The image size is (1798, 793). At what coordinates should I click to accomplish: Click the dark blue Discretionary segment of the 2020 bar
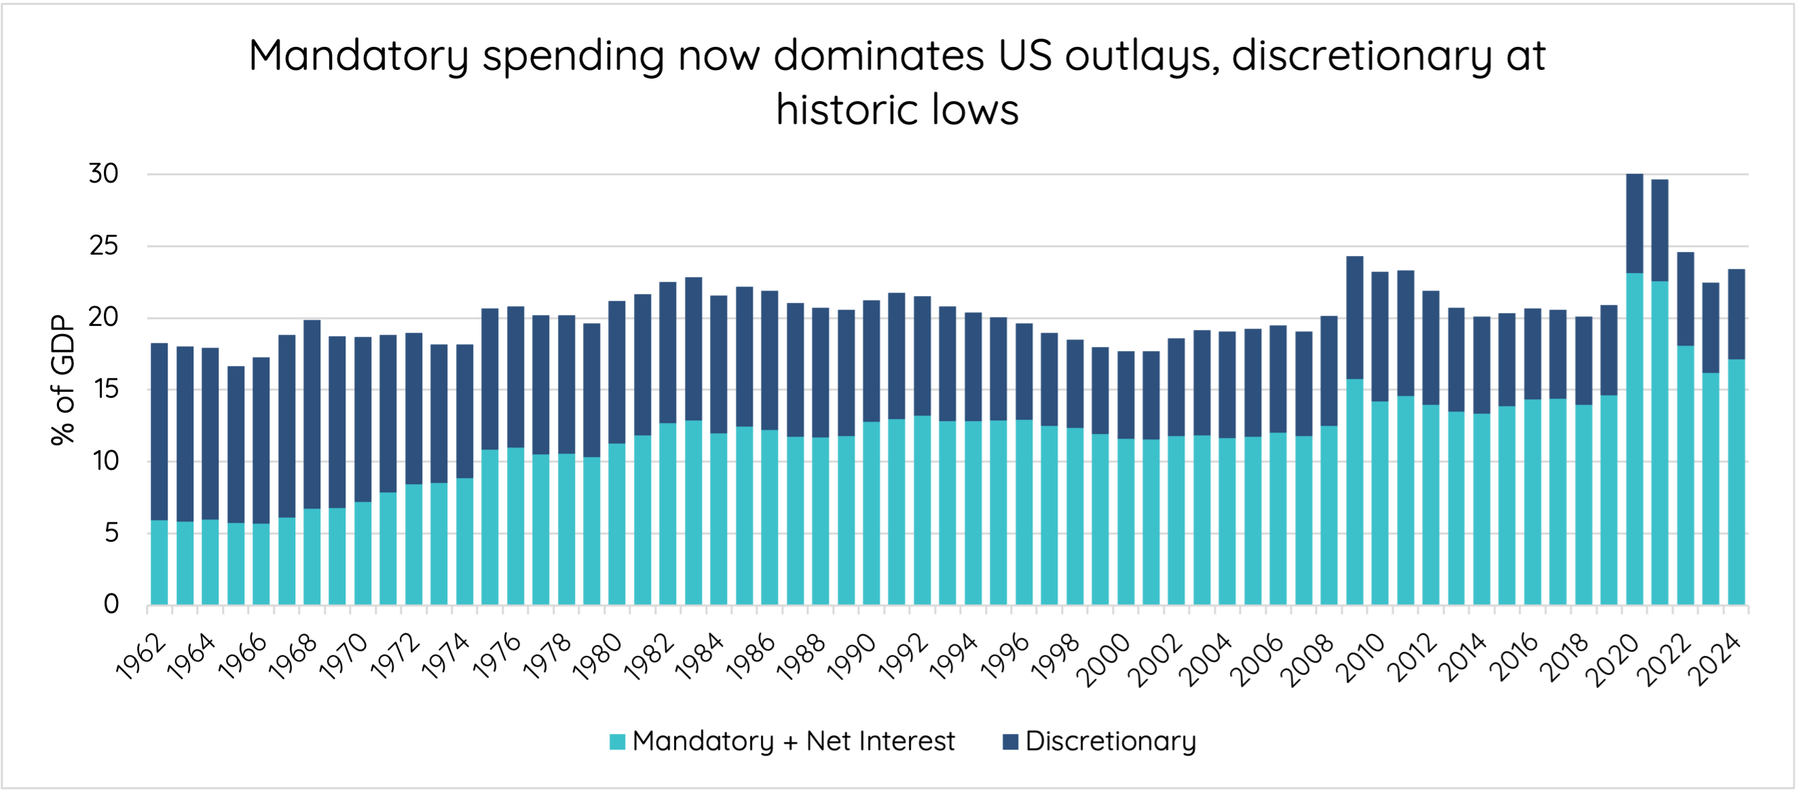1634,223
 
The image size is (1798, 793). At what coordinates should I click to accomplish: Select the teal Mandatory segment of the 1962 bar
159,562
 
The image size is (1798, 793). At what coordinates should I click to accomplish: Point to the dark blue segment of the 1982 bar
667,352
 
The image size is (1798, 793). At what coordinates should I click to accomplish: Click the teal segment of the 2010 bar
1379,502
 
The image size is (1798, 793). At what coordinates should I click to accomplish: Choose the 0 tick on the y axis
111,604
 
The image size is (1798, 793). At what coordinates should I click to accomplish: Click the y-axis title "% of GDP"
62,380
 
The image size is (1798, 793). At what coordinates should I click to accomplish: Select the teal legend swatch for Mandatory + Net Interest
617,741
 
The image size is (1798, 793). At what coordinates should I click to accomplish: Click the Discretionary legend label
1110,741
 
